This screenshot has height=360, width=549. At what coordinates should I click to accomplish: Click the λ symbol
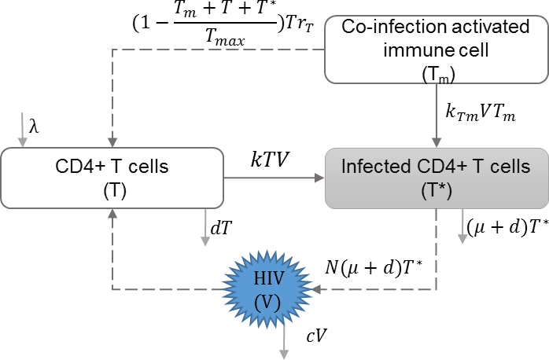pyautogui.click(x=33, y=126)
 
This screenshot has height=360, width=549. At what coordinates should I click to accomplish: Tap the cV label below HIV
pyautogui.click(x=317, y=336)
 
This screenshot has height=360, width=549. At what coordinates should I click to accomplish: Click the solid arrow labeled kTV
pyautogui.click(x=275, y=178)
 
